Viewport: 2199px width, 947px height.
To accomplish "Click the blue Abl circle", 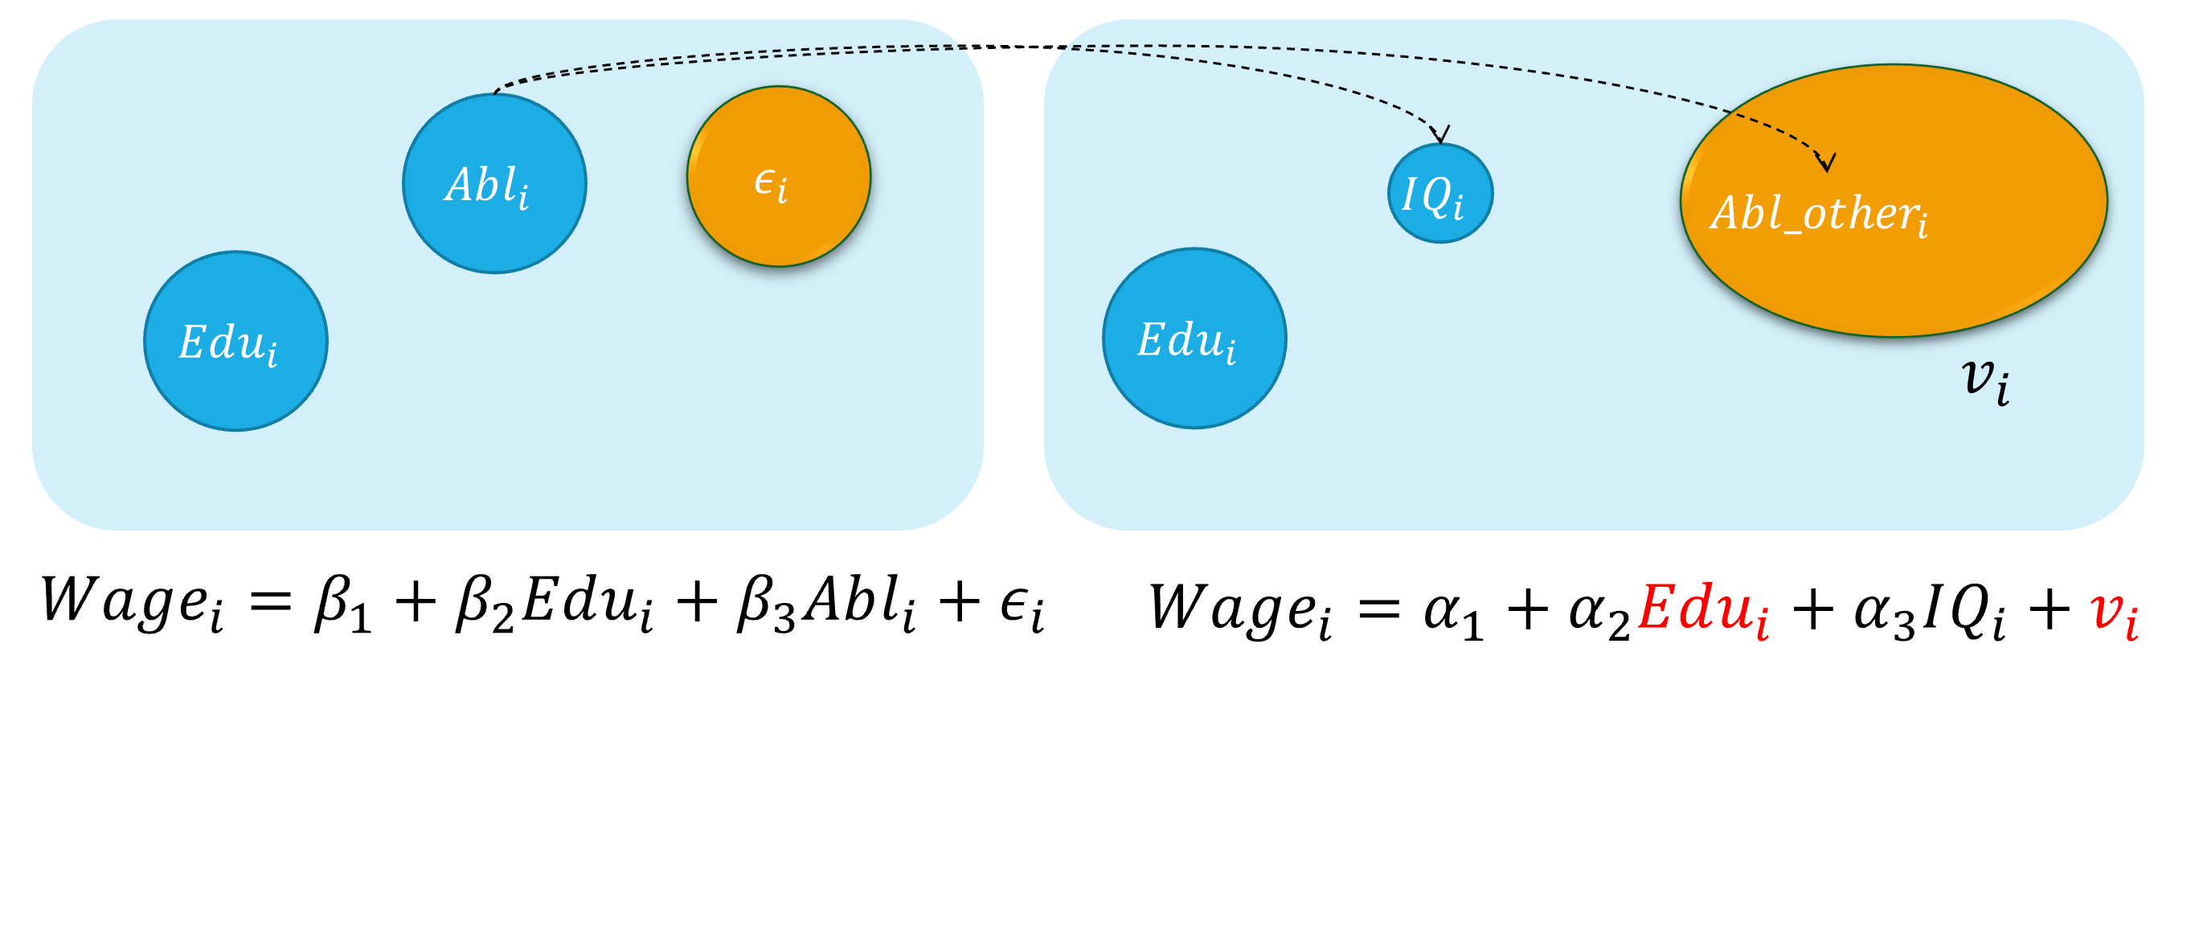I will pyautogui.click(x=494, y=183).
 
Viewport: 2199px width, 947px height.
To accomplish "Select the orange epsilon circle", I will pyautogui.click(x=779, y=177).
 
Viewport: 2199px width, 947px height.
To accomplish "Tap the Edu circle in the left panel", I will pyautogui.click(x=235, y=341).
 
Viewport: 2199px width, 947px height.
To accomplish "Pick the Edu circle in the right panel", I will pyautogui.click(x=1194, y=338).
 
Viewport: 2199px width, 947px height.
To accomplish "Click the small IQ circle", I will pyautogui.click(x=1440, y=194).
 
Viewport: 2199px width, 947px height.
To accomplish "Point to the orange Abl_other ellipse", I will pyautogui.click(x=1894, y=201).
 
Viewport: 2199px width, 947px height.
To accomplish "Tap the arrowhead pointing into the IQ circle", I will pyautogui.click(x=1440, y=134).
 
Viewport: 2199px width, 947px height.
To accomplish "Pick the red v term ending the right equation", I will pyautogui.click(x=2114, y=613).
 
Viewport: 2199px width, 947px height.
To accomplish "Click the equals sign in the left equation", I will pyautogui.click(x=271, y=602).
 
